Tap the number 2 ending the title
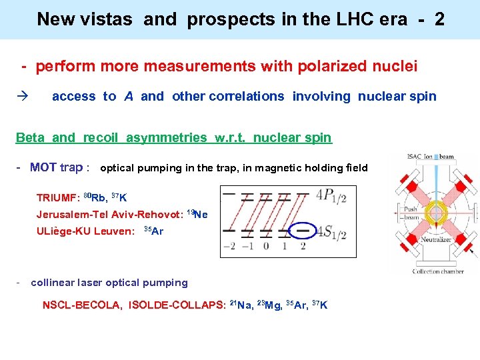click(439, 19)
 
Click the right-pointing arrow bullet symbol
click(22, 97)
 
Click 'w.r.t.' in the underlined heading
click(231, 138)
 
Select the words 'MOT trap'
click(56, 167)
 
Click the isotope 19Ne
click(197, 214)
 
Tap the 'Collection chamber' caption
click(435, 271)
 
